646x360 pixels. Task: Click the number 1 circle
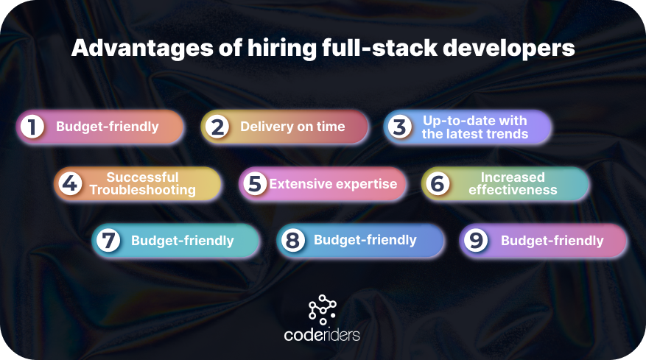click(x=32, y=127)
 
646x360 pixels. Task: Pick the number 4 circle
click(x=71, y=183)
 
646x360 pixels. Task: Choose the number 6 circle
click(x=438, y=183)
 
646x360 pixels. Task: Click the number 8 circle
click(x=292, y=240)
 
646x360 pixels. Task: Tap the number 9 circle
click(x=476, y=241)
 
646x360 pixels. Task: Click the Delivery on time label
click(x=292, y=127)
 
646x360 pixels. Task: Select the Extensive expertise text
click(x=333, y=184)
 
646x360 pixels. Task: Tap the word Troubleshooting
click(x=142, y=190)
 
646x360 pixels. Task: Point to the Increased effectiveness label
click(x=513, y=183)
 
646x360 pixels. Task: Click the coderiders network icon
click(x=322, y=309)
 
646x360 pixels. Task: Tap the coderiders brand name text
click(x=322, y=335)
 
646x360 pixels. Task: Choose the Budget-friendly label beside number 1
click(x=108, y=127)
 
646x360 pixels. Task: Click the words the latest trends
click(x=475, y=134)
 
